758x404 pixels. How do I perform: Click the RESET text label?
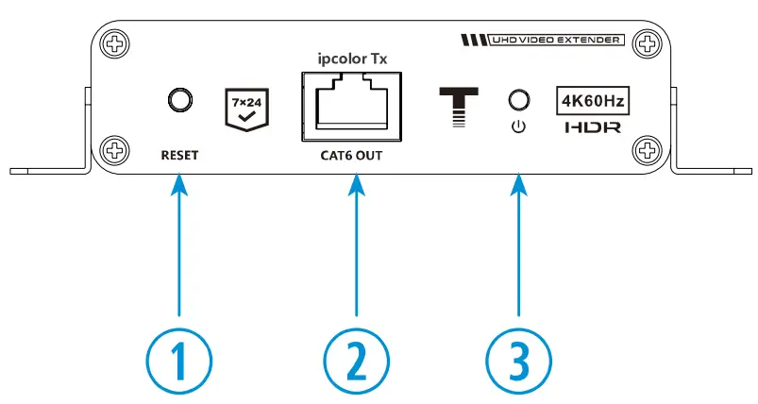tap(178, 155)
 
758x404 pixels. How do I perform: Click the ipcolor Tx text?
tap(355, 59)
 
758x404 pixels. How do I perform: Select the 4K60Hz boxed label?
tap(592, 99)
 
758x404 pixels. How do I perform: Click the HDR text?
tap(592, 126)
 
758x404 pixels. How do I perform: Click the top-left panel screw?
tap(114, 43)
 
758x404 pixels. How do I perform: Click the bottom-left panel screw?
tap(114, 148)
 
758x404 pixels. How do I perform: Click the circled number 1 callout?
tap(179, 359)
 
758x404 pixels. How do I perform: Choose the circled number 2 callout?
tap(356, 359)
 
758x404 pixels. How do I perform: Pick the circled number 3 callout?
tap(518, 359)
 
